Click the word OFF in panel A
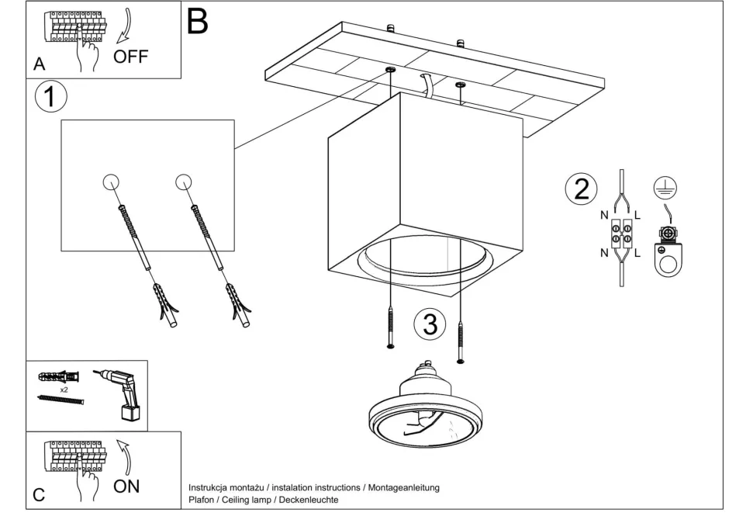click(130, 57)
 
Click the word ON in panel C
click(126, 487)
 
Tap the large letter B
click(198, 21)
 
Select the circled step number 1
click(51, 98)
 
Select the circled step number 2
click(580, 190)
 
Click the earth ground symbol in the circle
click(664, 185)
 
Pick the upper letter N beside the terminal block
click(603, 213)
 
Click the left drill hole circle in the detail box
click(111, 182)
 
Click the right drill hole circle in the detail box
click(183, 182)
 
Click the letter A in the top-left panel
click(39, 65)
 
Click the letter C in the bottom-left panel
click(39, 493)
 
